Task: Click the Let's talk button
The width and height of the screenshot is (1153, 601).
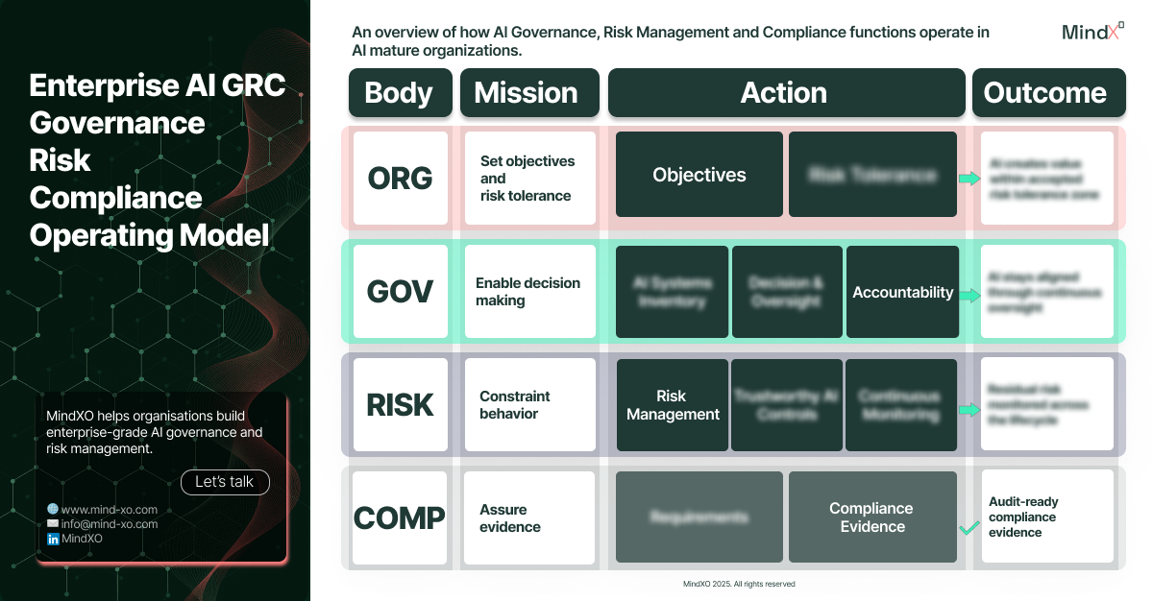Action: click(x=225, y=482)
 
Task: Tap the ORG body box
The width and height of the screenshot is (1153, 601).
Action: click(x=400, y=178)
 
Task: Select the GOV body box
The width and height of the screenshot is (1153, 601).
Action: click(x=400, y=292)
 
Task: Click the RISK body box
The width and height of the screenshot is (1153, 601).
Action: click(x=400, y=405)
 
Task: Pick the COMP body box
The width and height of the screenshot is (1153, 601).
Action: click(x=400, y=517)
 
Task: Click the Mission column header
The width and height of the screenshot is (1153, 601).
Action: click(x=529, y=93)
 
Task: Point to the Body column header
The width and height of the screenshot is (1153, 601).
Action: click(x=399, y=93)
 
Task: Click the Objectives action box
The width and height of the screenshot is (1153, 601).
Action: click(x=699, y=175)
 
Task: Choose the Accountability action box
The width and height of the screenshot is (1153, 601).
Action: click(x=903, y=292)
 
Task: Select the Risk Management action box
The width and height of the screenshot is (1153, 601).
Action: click(x=673, y=405)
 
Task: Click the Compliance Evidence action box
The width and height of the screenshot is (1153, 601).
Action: click(x=872, y=517)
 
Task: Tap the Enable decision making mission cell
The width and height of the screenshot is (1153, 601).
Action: click(x=529, y=292)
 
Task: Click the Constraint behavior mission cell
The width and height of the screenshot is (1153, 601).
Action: click(x=529, y=405)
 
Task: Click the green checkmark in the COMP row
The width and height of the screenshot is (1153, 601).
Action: click(x=969, y=527)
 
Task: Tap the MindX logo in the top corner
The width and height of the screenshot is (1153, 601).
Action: click(x=1092, y=31)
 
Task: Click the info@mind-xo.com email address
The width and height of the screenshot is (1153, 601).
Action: click(x=109, y=524)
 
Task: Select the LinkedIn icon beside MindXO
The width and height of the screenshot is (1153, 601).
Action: click(x=53, y=540)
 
